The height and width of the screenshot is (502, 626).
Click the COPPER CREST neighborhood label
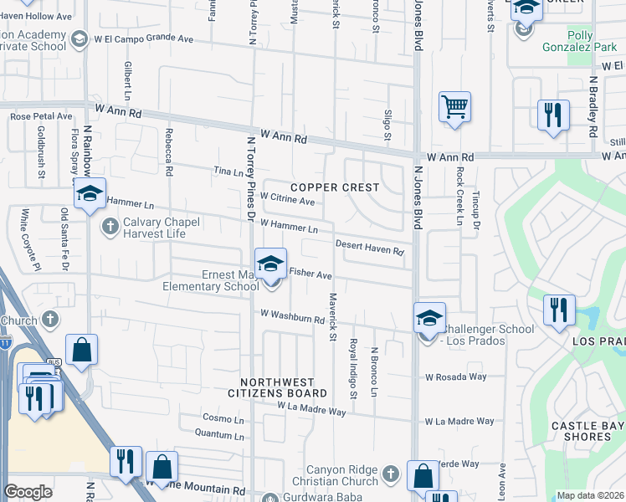pos(335,187)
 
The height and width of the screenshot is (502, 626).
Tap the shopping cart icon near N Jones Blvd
pos(454,107)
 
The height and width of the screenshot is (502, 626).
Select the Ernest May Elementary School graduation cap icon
pos(271,264)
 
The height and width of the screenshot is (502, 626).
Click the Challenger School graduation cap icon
pos(429,319)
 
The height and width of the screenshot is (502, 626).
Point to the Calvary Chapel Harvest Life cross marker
pos(110,226)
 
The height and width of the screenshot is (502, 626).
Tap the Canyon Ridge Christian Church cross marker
pos(389,475)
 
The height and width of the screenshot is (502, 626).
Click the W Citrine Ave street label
pos(287,201)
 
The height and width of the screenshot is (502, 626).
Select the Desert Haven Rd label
pos(370,248)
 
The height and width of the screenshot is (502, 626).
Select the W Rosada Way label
pos(454,377)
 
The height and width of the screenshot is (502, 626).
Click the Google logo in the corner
pos(28,492)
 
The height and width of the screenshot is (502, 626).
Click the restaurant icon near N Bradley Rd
pos(552,115)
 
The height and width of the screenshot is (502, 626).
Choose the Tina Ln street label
pos(228,172)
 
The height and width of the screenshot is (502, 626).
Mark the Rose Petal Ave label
pos(42,117)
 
